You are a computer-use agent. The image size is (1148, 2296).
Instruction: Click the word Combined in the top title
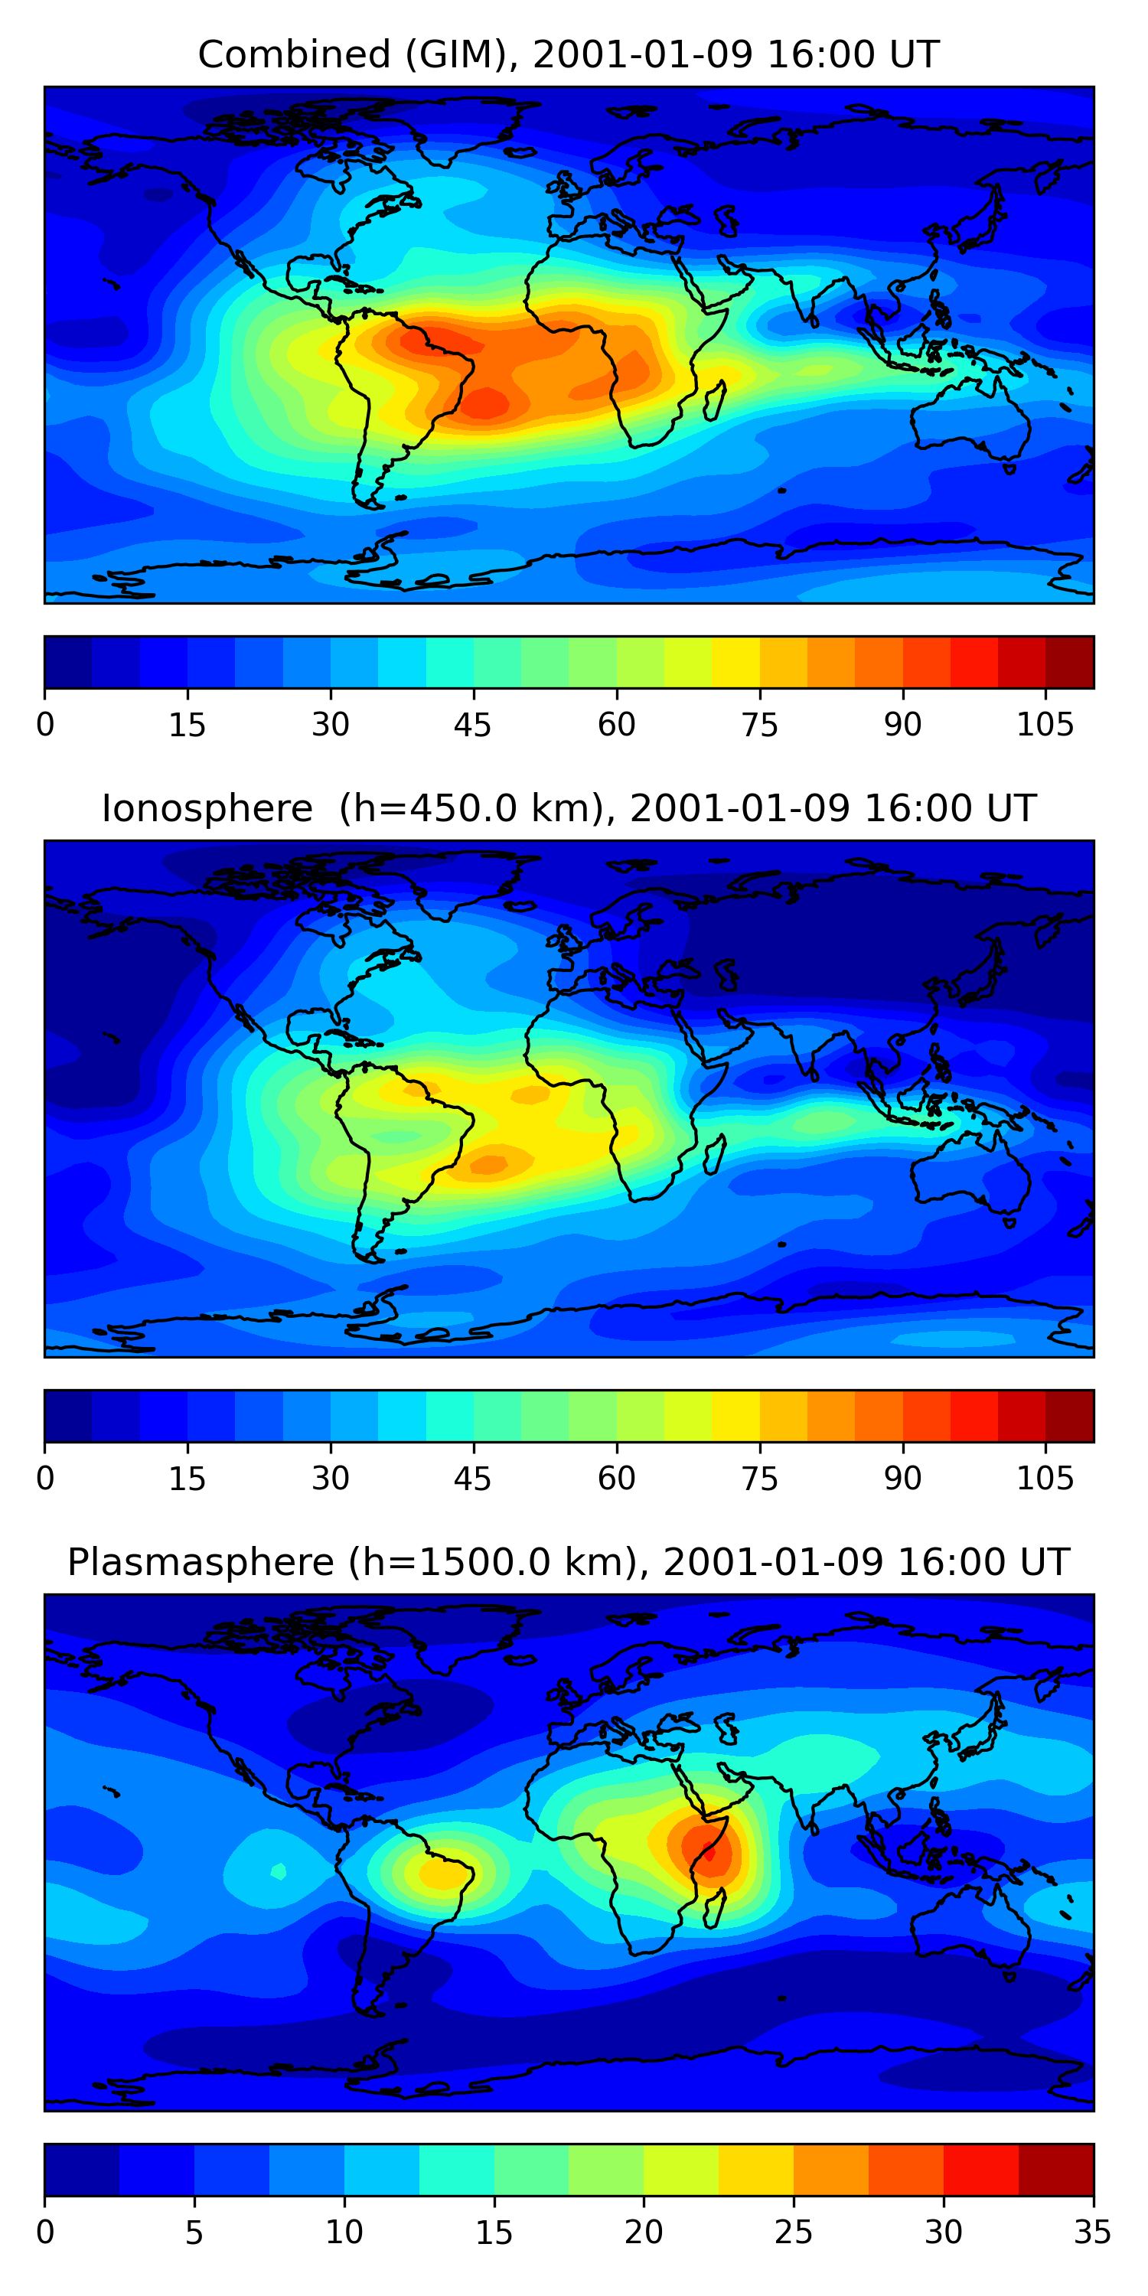[x=294, y=55]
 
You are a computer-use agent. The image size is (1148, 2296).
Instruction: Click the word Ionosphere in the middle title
[x=207, y=809]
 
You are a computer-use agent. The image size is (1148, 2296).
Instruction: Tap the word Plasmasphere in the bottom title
[x=200, y=1563]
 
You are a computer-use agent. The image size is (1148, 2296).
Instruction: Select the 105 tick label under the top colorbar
[x=1045, y=726]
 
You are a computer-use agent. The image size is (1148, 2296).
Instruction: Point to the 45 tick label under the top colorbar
[x=472, y=726]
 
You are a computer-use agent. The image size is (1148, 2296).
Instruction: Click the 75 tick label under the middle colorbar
[x=759, y=1479]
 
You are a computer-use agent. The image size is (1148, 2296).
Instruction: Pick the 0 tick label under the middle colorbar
[x=45, y=1479]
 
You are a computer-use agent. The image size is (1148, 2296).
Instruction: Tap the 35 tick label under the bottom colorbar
[x=1092, y=2232]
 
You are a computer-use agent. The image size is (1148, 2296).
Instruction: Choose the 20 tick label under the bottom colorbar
[x=644, y=2232]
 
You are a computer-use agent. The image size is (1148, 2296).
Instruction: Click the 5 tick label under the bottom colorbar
[x=194, y=2232]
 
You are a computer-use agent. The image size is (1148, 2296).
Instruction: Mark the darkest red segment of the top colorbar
[x=1070, y=662]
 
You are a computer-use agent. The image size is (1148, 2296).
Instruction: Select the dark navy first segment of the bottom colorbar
[x=81, y=2170]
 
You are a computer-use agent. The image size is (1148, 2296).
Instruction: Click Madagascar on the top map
[x=715, y=401]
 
